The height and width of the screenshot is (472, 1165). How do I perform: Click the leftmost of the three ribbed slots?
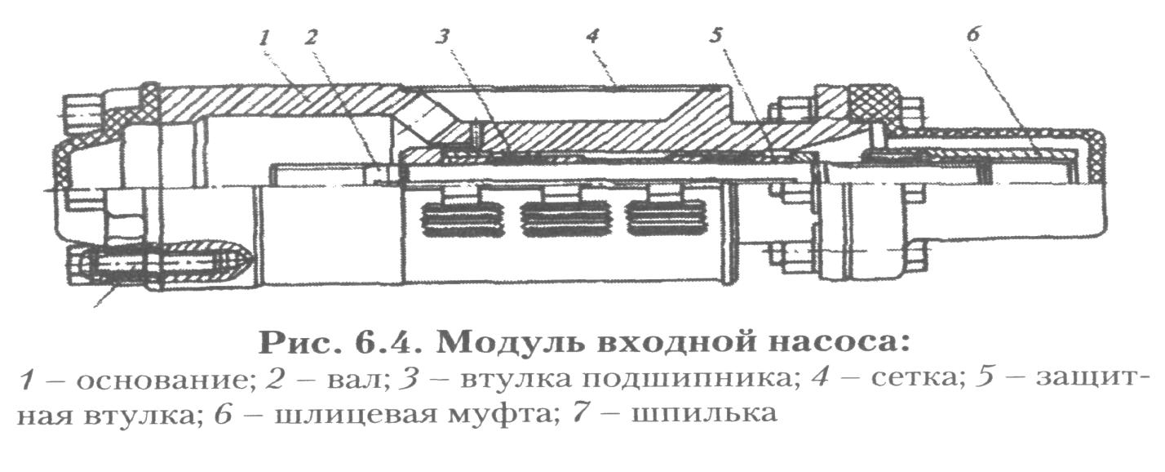(x=454, y=220)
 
